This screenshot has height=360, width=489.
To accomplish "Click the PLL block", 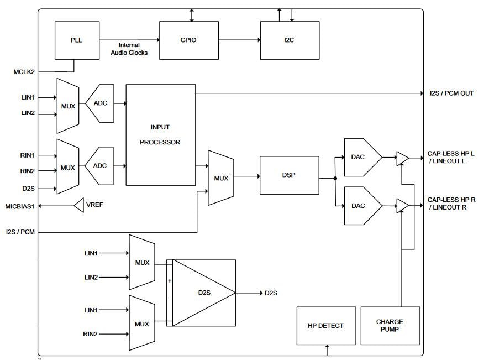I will pos(77,40).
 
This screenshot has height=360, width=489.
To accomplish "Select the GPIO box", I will pos(188,40).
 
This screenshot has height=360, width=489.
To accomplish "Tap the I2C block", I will pos(290,40).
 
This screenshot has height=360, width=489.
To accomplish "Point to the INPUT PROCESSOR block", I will pos(160,134).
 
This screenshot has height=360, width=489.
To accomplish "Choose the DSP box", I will pos(289,175).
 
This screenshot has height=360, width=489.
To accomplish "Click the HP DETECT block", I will pos(326,325).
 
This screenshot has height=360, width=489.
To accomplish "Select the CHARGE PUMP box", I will pos(390,325).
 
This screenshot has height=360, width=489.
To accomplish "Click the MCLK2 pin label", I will pos(24,72).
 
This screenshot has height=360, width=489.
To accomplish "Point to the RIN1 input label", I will pos(28,156).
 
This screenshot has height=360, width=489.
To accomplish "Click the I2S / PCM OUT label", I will pos(451,93).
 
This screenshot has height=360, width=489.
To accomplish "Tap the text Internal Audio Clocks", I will pos(133,49).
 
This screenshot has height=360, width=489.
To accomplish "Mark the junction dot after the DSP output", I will pos(335,178).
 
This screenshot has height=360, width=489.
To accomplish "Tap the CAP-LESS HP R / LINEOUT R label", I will pos(450,203).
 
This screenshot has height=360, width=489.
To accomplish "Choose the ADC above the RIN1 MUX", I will pos(100,103).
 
